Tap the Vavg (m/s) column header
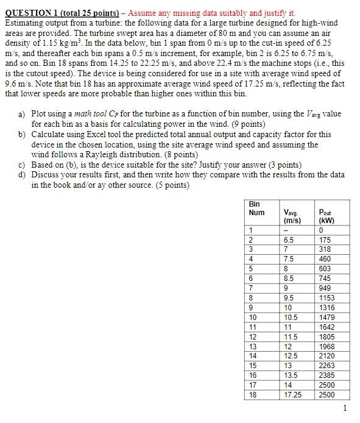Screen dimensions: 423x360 292,216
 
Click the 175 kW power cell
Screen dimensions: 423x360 326,240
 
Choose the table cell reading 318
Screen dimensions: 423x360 326,250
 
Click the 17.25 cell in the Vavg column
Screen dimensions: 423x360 292,394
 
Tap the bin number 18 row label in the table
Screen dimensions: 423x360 253,394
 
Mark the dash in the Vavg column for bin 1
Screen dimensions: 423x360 286,230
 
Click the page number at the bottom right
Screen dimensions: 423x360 345,408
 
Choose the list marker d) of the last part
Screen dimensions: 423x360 23,174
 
